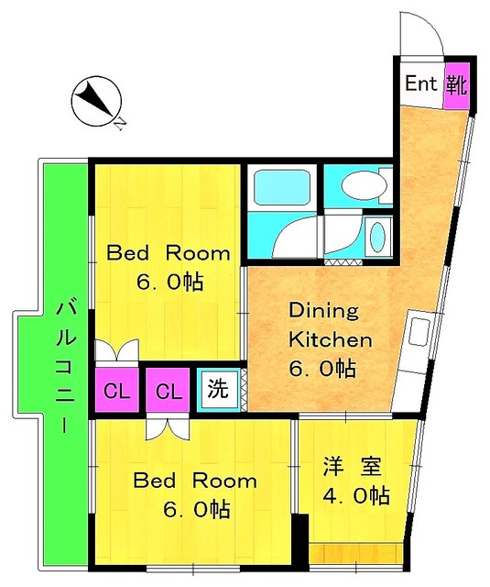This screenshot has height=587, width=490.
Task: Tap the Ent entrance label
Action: pos(421,85)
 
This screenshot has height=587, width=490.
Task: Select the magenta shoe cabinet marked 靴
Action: pos(456,85)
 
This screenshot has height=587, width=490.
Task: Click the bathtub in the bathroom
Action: pos(280,186)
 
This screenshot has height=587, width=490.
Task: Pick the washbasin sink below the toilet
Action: pos(376,238)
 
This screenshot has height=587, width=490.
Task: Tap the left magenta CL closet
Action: pos(115,392)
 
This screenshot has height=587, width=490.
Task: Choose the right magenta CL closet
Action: pos(167,392)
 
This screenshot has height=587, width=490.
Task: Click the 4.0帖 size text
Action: pos(356,496)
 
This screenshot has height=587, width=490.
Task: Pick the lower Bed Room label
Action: pos(195,481)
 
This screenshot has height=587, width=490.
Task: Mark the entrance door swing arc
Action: pos(419,35)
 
